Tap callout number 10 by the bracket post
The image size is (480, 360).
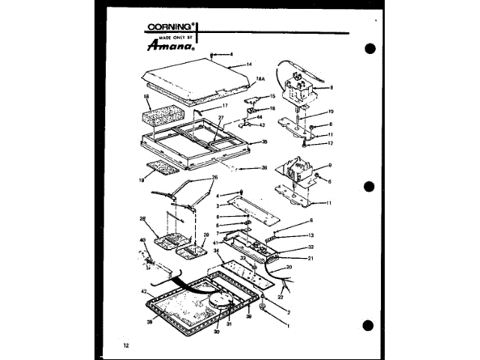[x=331, y=111]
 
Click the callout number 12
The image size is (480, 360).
[x=331, y=142]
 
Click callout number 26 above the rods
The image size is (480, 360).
[x=195, y=178]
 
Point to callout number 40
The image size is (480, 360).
[x=142, y=241]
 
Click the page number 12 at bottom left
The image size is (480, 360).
[x=126, y=344]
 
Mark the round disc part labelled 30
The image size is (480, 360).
[x=217, y=301]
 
